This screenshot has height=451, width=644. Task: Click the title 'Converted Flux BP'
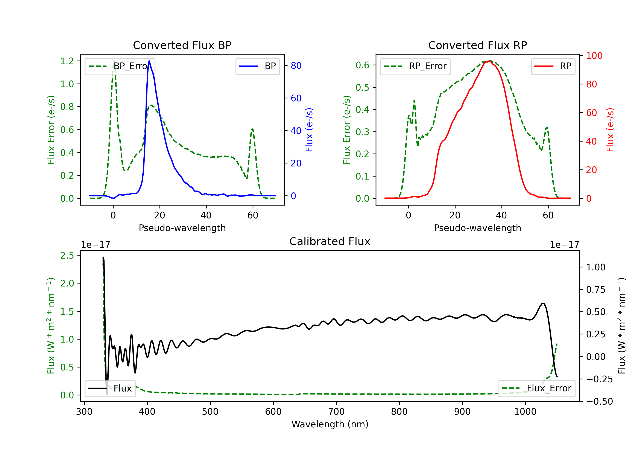[182, 45]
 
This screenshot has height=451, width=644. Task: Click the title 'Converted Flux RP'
[478, 45]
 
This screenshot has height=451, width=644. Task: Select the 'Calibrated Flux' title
[330, 241]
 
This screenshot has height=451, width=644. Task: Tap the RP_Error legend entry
[415, 66]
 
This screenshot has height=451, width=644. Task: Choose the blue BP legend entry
[257, 66]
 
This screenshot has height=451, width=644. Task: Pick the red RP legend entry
[553, 66]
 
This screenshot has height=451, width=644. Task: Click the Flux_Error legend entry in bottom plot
[536, 389]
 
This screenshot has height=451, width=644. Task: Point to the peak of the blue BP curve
[149, 61]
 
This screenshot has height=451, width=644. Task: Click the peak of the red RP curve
[489, 61]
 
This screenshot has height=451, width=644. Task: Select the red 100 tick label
[594, 56]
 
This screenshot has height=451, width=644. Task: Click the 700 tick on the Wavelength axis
[336, 412]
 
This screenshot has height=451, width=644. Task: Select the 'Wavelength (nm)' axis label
[330, 424]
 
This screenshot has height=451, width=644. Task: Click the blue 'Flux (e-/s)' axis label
[309, 130]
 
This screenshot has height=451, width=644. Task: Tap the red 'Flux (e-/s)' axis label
[610, 130]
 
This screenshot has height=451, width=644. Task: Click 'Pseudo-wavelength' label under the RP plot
[478, 228]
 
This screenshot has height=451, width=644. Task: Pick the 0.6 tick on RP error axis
[362, 65]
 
